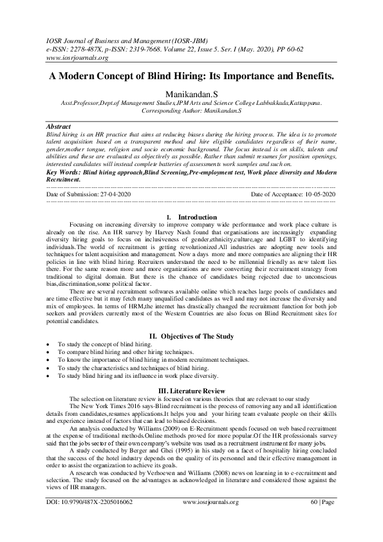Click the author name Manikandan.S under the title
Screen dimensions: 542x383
pos(191,93)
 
